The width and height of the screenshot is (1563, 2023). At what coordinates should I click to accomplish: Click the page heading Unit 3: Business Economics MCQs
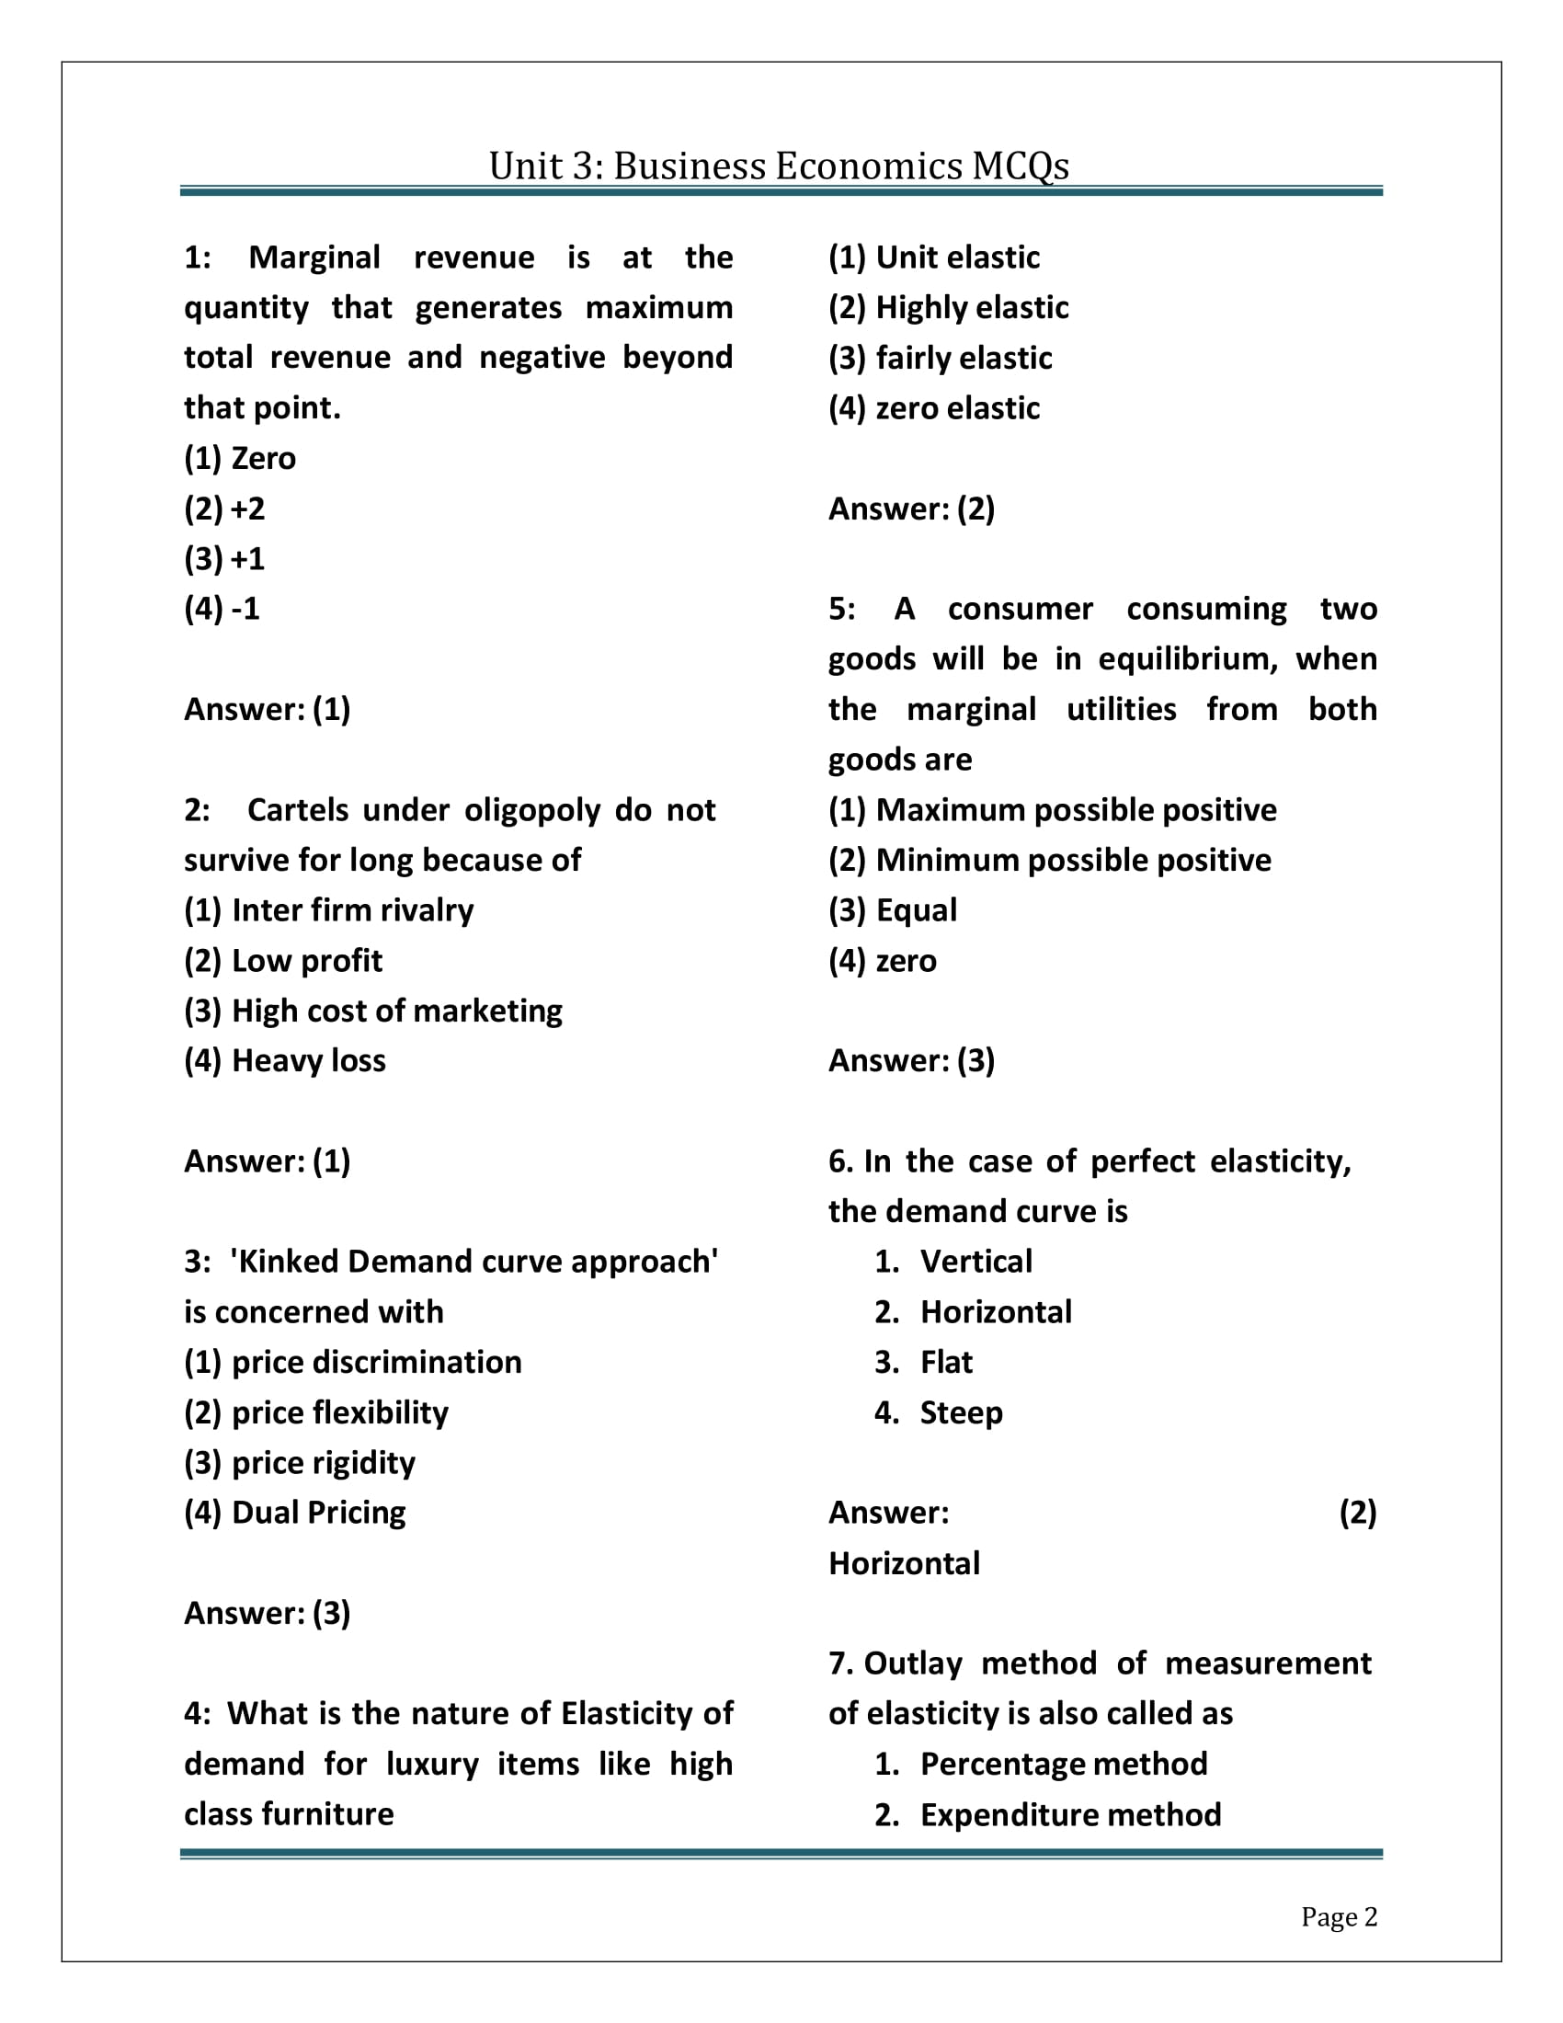(x=779, y=166)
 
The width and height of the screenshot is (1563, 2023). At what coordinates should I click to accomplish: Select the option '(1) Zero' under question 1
(x=240, y=459)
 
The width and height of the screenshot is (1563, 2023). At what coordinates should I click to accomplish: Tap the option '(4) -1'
(x=222, y=609)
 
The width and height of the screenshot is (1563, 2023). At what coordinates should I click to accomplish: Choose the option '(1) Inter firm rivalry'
(x=329, y=910)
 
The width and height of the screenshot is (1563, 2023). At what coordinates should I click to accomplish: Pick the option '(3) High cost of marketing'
(x=373, y=1011)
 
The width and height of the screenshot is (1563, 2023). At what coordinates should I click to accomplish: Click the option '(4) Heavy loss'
(x=285, y=1060)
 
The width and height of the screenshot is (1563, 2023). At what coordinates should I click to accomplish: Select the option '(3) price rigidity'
(x=300, y=1463)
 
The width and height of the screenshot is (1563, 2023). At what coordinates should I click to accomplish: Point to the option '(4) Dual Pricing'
(x=295, y=1513)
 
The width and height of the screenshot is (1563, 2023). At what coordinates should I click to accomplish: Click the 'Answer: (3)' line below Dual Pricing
(x=268, y=1614)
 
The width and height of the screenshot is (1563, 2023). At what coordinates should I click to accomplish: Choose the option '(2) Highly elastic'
(x=948, y=307)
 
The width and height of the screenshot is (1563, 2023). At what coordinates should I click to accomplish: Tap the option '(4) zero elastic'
(x=934, y=408)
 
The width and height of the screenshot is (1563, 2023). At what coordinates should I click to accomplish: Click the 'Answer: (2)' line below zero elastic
(x=912, y=509)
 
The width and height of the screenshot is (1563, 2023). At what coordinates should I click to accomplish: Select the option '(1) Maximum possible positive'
(x=1053, y=810)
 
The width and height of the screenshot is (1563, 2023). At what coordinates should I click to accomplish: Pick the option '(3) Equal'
(x=893, y=910)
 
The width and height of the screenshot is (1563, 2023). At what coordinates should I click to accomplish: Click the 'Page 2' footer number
(x=1339, y=1916)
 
